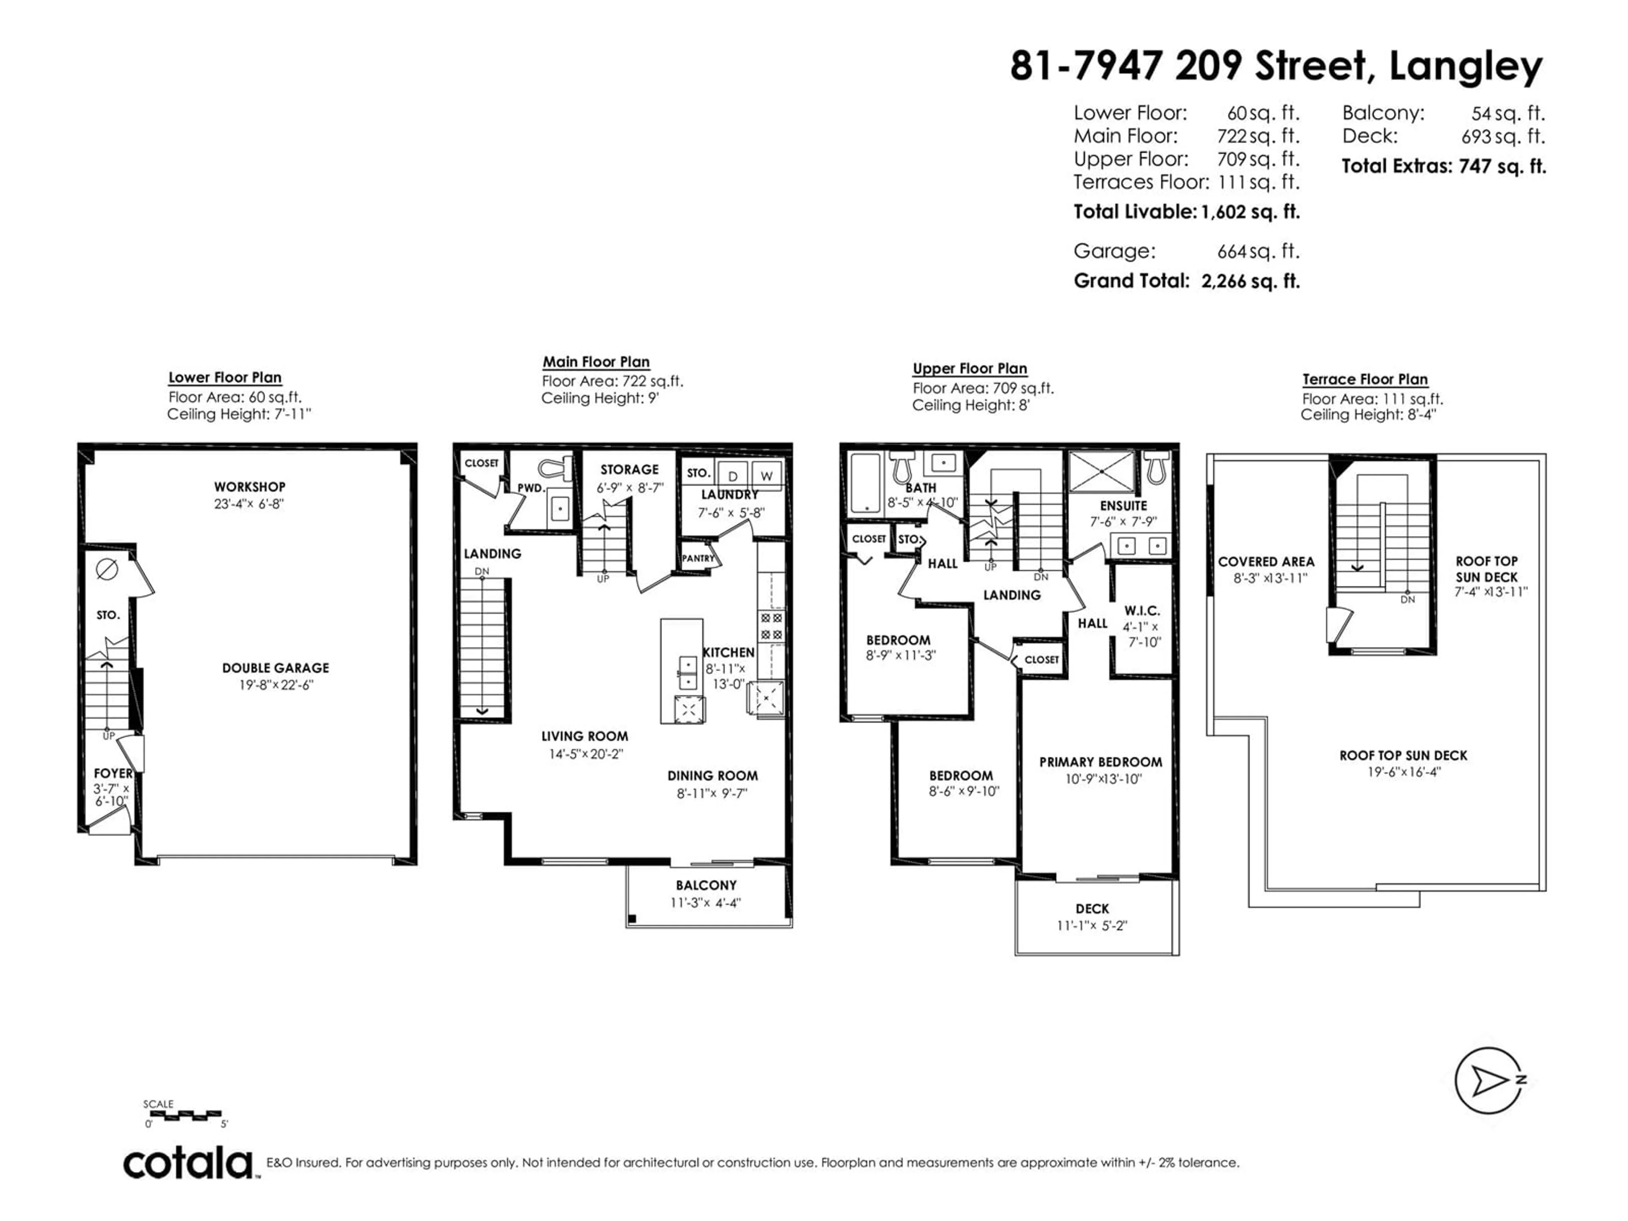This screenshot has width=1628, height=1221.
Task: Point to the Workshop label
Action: [249, 486]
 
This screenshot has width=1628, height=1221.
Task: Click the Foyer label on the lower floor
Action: [113, 773]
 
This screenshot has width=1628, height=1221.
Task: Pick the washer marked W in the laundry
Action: [766, 475]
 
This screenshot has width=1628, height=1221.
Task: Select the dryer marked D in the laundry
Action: [733, 475]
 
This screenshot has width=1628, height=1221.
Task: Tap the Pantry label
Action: [698, 558]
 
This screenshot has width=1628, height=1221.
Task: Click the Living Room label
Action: [585, 736]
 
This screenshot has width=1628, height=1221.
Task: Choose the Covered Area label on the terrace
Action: [1266, 562]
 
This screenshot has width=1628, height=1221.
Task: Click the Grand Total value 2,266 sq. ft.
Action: [1250, 281]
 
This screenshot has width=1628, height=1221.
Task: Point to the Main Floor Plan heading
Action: [596, 362]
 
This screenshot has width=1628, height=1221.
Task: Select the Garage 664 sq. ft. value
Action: [1259, 251]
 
